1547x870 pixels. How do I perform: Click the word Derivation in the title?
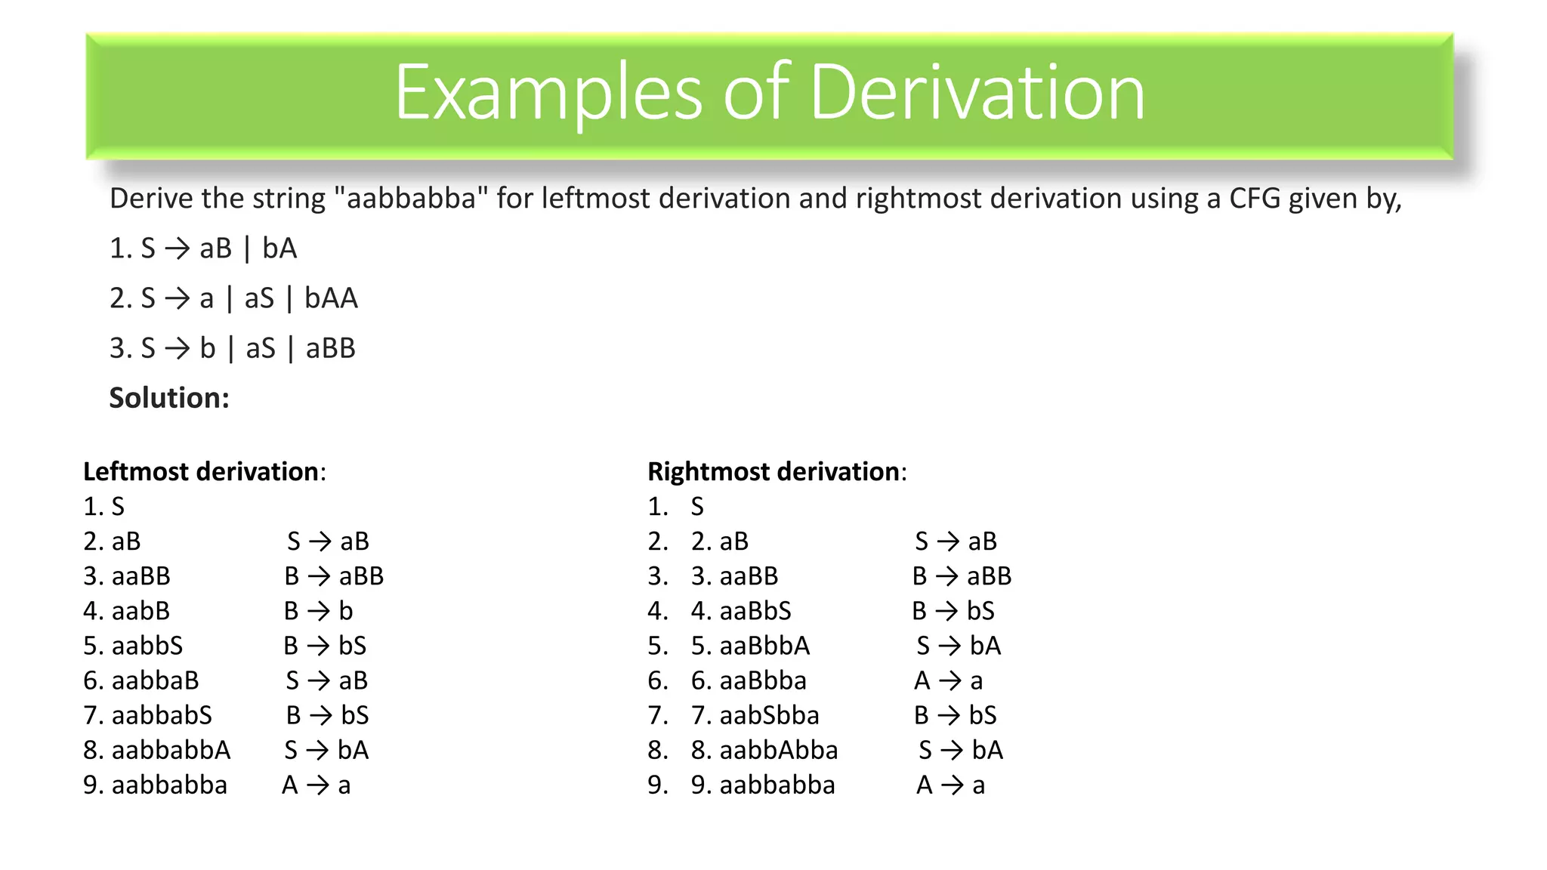[x=977, y=93]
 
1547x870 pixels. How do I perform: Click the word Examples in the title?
[x=548, y=93]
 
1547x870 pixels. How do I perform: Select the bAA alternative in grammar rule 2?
[x=331, y=298]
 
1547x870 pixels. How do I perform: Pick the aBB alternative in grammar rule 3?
[x=330, y=348]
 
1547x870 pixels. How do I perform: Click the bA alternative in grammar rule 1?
[x=279, y=248]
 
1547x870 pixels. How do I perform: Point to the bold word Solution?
[x=169, y=398]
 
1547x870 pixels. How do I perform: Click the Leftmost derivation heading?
[x=201, y=471]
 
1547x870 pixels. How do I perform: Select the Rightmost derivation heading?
[x=773, y=471]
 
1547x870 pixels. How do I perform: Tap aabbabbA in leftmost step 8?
[x=171, y=750]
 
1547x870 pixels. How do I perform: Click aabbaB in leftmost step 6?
[x=155, y=680]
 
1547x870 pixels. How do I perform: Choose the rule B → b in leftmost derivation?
[x=318, y=610]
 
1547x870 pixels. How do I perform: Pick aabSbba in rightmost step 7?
[x=769, y=715]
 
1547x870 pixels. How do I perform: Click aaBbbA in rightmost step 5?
[x=764, y=646]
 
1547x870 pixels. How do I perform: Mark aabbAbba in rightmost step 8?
[x=779, y=750]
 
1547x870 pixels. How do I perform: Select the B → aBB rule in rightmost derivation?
[x=962, y=576]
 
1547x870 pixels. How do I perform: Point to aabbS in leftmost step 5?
[x=147, y=646]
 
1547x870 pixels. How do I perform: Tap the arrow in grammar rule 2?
[x=178, y=298]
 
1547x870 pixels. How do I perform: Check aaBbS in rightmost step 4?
[x=755, y=610]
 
